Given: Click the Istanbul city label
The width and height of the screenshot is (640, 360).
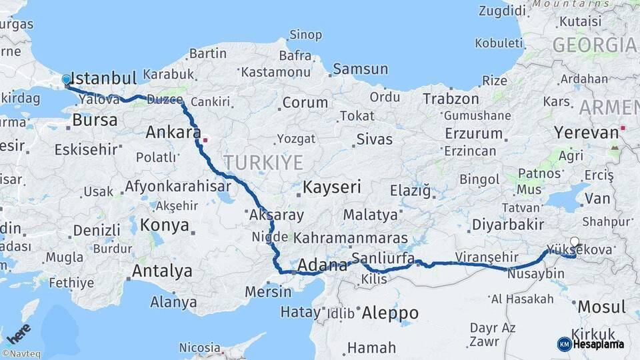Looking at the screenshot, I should tap(103, 77).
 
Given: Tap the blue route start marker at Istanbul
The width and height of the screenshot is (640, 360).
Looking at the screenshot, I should tap(66, 80).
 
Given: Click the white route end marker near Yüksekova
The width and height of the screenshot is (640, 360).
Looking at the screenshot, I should tap(575, 242).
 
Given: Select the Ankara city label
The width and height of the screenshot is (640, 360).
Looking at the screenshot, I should tap(173, 132).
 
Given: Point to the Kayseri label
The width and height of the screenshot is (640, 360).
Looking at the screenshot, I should tap(331, 187).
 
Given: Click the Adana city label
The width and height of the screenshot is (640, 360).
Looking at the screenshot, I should tap(322, 265).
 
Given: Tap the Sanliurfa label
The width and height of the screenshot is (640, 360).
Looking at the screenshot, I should tap(383, 258).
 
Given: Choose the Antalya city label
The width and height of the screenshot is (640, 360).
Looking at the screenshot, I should tap(162, 271).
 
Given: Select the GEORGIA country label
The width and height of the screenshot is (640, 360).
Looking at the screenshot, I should tap(595, 45).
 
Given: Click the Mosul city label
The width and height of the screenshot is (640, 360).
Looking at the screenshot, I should tap(602, 307).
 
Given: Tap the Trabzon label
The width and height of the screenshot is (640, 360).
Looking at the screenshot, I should tap(451, 99).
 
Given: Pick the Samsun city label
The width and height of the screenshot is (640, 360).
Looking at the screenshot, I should tap(360, 69).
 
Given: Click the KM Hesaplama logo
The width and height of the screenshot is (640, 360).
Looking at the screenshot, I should tap(591, 344).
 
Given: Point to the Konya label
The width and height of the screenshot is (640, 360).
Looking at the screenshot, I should tap(165, 225).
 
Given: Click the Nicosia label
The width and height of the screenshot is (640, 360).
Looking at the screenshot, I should tap(199, 347).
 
